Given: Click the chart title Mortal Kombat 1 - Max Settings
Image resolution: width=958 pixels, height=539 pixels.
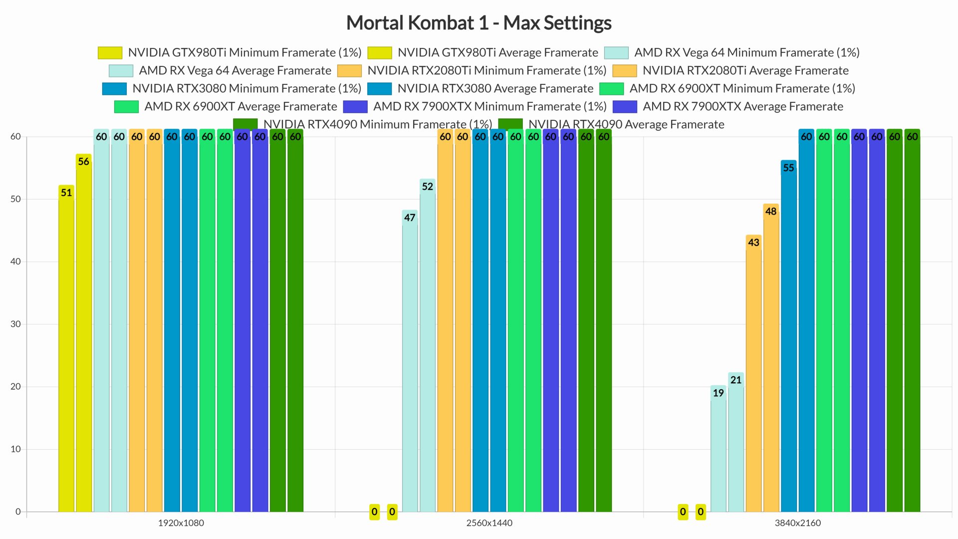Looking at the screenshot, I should [x=479, y=23].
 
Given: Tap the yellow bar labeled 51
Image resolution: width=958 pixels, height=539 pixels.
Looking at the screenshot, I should [x=66, y=349].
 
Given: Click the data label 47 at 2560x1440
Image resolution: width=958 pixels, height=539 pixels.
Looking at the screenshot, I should [x=410, y=218].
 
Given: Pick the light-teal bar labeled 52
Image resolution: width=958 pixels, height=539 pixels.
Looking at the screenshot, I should [x=428, y=349].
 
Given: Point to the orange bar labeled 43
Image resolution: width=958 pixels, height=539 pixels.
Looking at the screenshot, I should [x=753, y=374].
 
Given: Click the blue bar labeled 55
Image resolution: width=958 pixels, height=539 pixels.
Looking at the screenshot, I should [x=788, y=339].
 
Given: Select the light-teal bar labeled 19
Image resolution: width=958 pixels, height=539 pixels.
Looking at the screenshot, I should [x=718, y=449].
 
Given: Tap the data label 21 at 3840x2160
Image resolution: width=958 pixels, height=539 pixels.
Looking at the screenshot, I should [x=736, y=380].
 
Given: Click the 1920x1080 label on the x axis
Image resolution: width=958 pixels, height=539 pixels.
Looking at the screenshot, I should [x=181, y=523].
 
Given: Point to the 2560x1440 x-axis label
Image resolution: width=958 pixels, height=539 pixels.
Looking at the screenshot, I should [x=489, y=523].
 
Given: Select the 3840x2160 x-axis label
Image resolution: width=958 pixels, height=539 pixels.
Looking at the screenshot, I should [x=797, y=523].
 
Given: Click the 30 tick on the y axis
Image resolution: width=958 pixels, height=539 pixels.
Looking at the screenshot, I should [x=15, y=324].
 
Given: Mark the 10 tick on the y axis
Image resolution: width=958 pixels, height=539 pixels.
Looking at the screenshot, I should [x=15, y=449].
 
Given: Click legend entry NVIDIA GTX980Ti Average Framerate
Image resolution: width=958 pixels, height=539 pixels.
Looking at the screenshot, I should [x=497, y=52].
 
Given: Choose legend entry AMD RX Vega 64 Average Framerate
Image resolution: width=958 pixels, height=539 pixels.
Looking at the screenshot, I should [x=235, y=70].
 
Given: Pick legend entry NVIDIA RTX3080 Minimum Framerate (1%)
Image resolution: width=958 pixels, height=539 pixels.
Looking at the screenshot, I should [x=246, y=88].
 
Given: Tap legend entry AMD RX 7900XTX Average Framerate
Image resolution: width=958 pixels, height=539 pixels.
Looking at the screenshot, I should [x=742, y=106].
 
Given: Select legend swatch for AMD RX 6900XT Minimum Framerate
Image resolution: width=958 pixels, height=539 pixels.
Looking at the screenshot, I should [x=611, y=88].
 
